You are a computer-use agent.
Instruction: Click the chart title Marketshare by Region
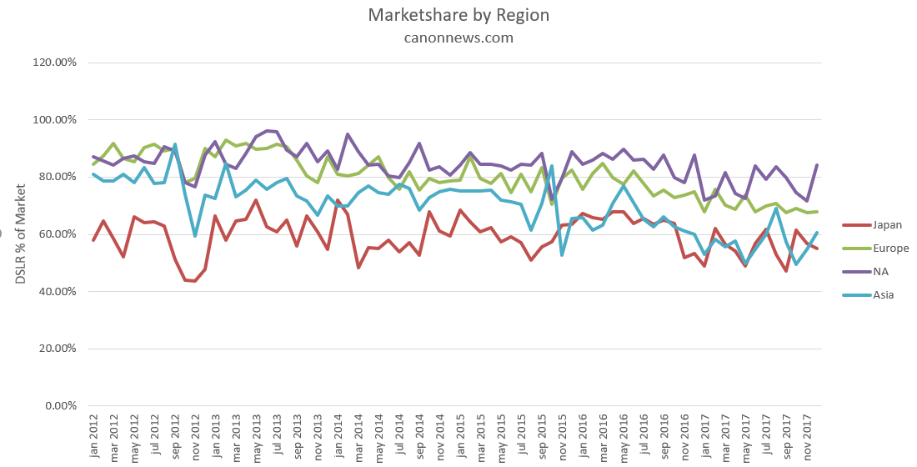458,16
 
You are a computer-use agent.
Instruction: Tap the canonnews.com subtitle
458,38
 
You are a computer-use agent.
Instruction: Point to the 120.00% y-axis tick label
54,63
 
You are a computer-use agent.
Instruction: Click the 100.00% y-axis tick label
54,120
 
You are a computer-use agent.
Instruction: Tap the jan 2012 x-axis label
94,435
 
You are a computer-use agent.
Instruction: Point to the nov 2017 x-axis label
806,435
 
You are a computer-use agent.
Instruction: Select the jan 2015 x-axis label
459,435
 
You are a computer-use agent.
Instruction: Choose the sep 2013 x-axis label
298,435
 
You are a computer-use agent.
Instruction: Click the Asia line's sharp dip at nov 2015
562,254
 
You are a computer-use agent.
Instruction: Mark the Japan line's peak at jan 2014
338,201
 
